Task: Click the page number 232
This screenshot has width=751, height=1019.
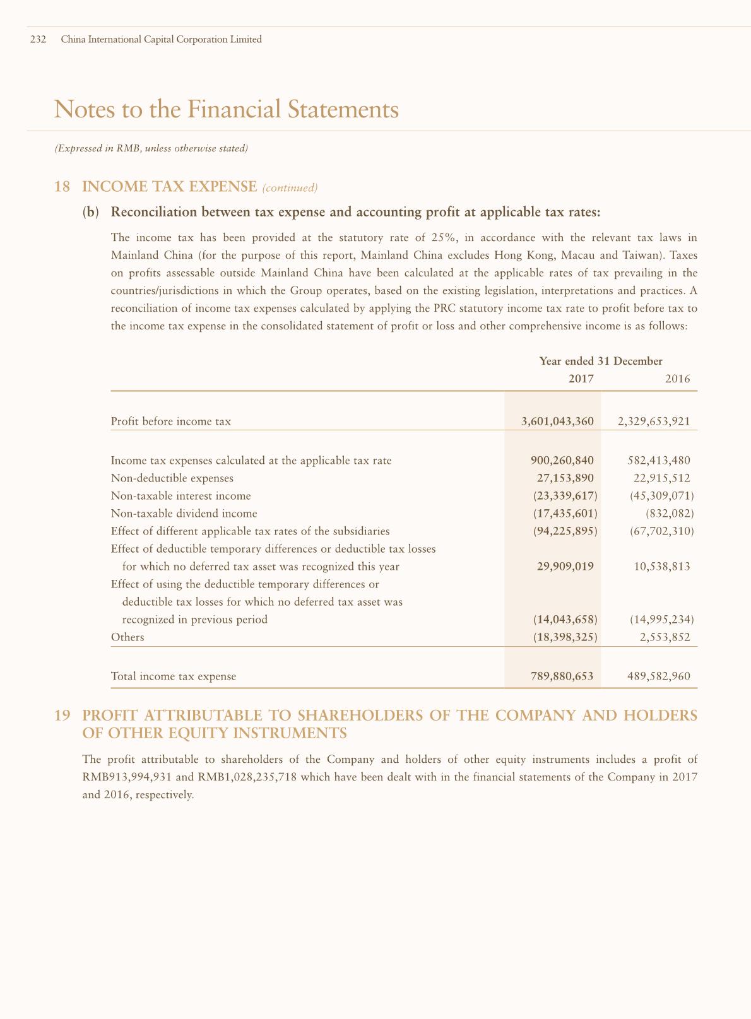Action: (x=38, y=39)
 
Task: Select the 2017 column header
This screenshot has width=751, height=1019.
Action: (x=581, y=379)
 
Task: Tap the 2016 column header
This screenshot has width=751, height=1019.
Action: (x=677, y=379)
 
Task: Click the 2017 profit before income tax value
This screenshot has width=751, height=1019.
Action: (x=557, y=421)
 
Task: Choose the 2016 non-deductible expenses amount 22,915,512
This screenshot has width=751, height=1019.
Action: (x=661, y=478)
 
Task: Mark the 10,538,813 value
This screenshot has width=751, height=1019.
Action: (x=661, y=567)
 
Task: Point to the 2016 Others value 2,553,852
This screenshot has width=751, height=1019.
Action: (x=665, y=637)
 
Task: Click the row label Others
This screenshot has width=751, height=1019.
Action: (x=127, y=637)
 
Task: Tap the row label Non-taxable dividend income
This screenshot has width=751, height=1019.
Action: (x=184, y=514)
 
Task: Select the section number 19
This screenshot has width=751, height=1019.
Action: (x=62, y=716)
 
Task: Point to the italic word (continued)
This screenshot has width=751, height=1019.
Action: (x=289, y=188)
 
